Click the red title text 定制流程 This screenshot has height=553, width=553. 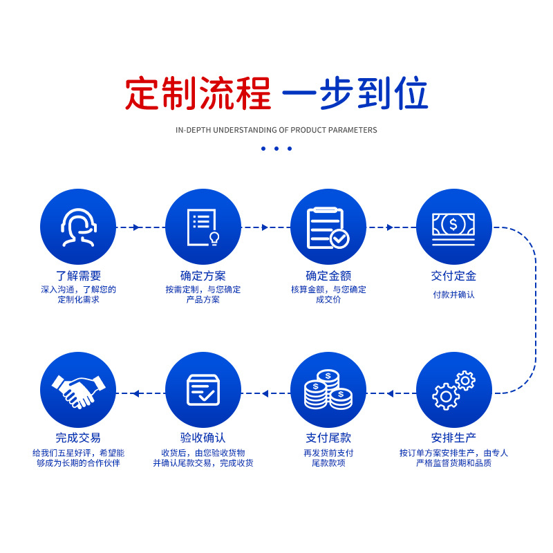click(198, 94)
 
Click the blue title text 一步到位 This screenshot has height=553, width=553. click(355, 94)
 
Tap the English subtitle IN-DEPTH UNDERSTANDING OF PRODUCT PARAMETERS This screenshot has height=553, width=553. click(276, 130)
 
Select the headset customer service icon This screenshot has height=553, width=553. click(78, 227)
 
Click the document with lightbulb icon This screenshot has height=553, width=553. click(203, 227)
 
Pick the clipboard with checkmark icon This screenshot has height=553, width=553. click(328, 227)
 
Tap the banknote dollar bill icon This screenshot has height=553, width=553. click(453, 227)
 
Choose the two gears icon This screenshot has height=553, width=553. click(453, 390)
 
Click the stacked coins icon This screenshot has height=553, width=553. click(328, 390)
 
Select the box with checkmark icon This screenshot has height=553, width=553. click(203, 390)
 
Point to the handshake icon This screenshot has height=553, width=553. click(78, 390)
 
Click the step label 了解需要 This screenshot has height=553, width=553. click(78, 276)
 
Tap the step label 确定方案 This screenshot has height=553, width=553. click(203, 276)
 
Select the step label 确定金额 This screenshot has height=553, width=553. click(328, 276)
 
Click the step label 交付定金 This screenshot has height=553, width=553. click(453, 276)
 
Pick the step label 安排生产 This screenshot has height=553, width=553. click(453, 438)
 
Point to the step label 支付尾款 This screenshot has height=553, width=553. click(328, 438)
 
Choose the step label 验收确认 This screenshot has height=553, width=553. click(203, 438)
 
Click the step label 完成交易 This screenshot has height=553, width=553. click(78, 438)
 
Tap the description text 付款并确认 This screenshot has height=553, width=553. click(453, 294)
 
